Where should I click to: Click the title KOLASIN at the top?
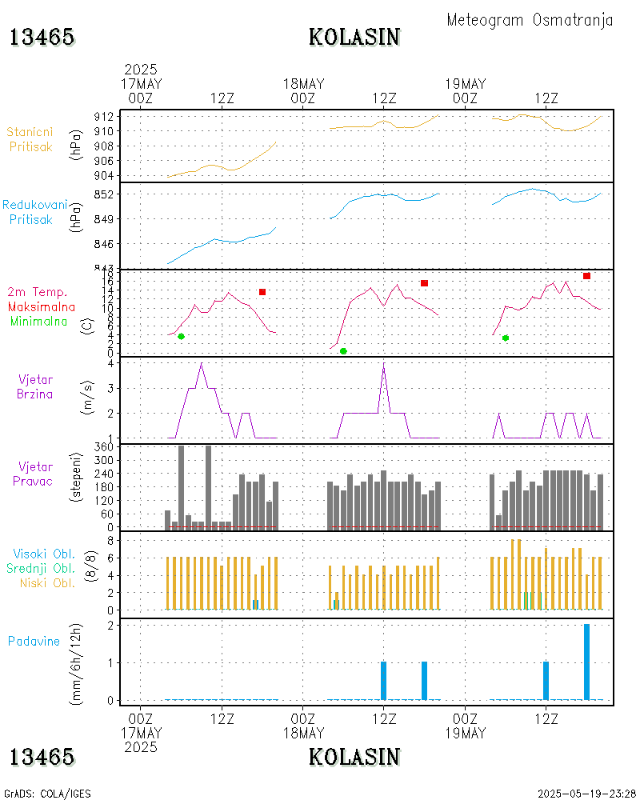tap(354, 37)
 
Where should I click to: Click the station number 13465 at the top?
tap(42, 37)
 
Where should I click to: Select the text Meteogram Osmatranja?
tap(530, 20)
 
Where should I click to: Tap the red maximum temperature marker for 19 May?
tap(586, 276)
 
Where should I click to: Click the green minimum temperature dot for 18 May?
tap(343, 351)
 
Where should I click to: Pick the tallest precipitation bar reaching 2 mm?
tap(586, 662)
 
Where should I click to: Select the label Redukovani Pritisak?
tap(34, 212)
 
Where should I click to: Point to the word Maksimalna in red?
tap(42, 306)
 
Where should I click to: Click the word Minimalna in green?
tap(39, 321)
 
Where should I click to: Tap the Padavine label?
tap(34, 641)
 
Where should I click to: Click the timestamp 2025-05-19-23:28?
tap(586, 794)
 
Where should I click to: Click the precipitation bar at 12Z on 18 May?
tap(383, 681)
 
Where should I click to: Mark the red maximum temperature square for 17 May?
tap(262, 292)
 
